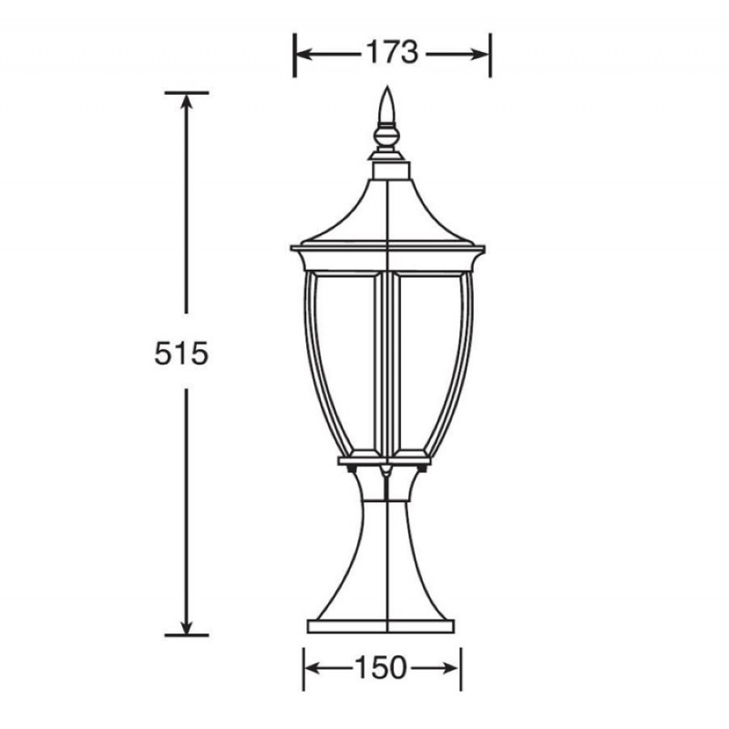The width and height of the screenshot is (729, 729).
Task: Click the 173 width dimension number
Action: [393, 52]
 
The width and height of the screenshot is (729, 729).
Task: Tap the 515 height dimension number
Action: [180, 354]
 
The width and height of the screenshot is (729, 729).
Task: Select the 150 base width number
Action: [381, 668]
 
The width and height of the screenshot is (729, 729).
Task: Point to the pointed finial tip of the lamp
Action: [387, 87]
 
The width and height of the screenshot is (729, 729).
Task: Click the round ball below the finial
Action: [387, 137]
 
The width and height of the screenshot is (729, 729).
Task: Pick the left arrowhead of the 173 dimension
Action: [303, 54]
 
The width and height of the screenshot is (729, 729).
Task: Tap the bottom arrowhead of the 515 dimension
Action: [186, 625]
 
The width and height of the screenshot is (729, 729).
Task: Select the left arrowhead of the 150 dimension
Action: [313, 669]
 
